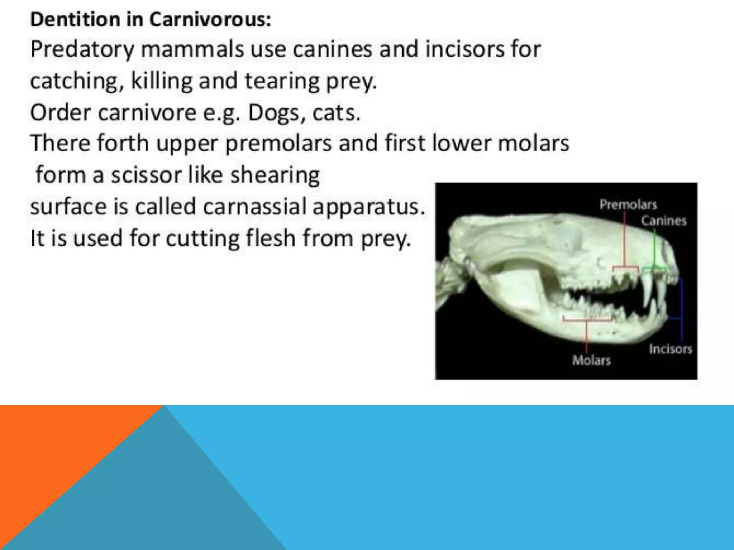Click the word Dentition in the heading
click(75, 19)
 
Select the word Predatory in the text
click(82, 50)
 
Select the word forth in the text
click(123, 143)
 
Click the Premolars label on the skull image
click(628, 205)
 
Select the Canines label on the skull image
click(663, 221)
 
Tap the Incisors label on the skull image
click(670, 349)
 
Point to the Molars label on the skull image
click(591, 360)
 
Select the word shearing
click(275, 175)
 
